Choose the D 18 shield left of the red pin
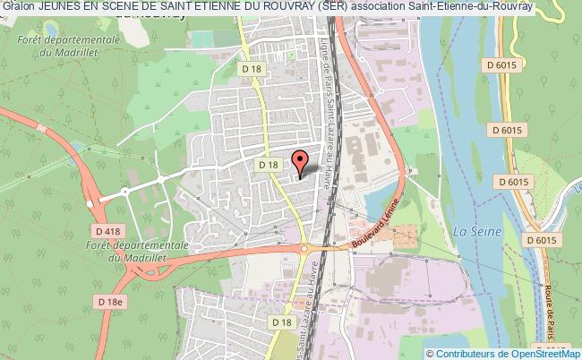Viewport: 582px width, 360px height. tap(269, 164)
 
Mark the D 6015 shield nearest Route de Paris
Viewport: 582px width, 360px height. tap(542, 241)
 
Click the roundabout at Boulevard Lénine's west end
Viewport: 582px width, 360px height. tap(305, 249)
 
